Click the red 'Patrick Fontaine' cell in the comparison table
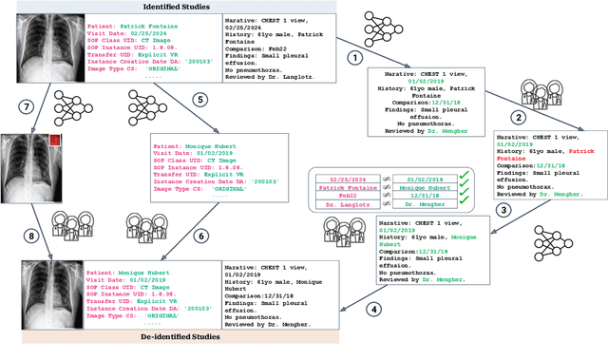click(345, 189)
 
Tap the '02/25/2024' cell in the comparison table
click(345, 177)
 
